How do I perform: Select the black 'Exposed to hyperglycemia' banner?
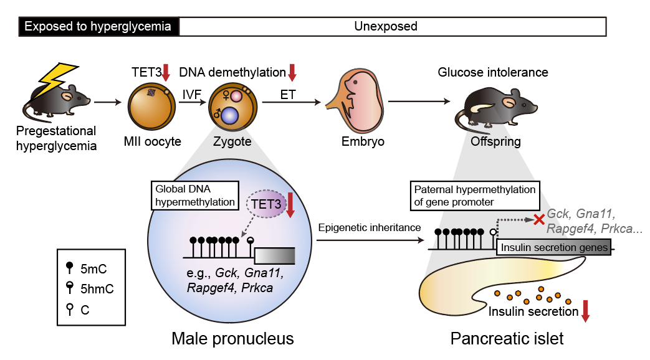pyautogui.click(x=98, y=27)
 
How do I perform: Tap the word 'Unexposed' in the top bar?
pyautogui.click(x=386, y=27)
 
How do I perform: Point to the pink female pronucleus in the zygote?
pyautogui.click(x=236, y=96)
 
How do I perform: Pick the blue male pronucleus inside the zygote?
pyautogui.click(x=230, y=116)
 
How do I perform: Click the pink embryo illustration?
pyautogui.click(x=356, y=102)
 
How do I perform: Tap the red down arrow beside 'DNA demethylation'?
pyautogui.click(x=292, y=72)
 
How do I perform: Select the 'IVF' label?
pyautogui.click(x=191, y=95)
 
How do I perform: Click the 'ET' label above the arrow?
pyautogui.click(x=288, y=95)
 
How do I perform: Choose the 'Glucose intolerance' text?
pyautogui.click(x=493, y=72)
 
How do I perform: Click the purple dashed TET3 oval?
pyautogui.click(x=266, y=204)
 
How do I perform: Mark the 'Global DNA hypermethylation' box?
pyautogui.click(x=195, y=196)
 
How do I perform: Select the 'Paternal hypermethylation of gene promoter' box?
pyautogui.click(x=475, y=196)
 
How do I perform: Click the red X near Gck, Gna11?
pyautogui.click(x=539, y=220)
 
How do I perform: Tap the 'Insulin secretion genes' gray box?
pyautogui.click(x=554, y=247)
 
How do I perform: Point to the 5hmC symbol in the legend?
pyautogui.click(x=70, y=288)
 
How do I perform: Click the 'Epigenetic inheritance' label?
pyautogui.click(x=370, y=227)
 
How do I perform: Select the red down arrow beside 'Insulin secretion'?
pyautogui.click(x=585, y=311)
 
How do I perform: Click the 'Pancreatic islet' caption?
pyautogui.click(x=507, y=338)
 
